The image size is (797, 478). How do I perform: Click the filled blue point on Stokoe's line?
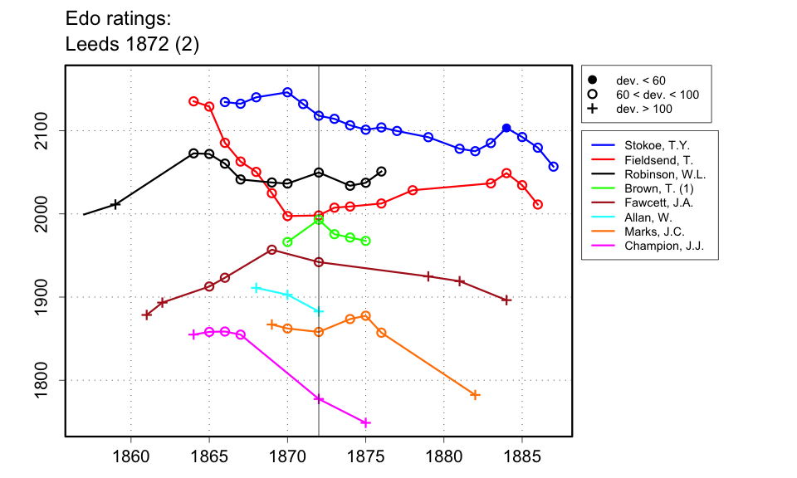506,128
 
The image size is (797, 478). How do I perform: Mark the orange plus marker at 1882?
475,395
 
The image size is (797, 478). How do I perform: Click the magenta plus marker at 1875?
366,422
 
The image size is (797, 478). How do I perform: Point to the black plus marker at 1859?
115,204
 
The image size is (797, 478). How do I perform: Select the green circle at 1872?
319,220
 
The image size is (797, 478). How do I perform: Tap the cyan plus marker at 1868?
257,288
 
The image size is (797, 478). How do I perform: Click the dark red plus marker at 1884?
506,300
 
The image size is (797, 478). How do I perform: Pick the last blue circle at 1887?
554,167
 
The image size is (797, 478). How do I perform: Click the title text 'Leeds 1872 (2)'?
132,44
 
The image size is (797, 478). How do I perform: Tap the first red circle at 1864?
193,101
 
